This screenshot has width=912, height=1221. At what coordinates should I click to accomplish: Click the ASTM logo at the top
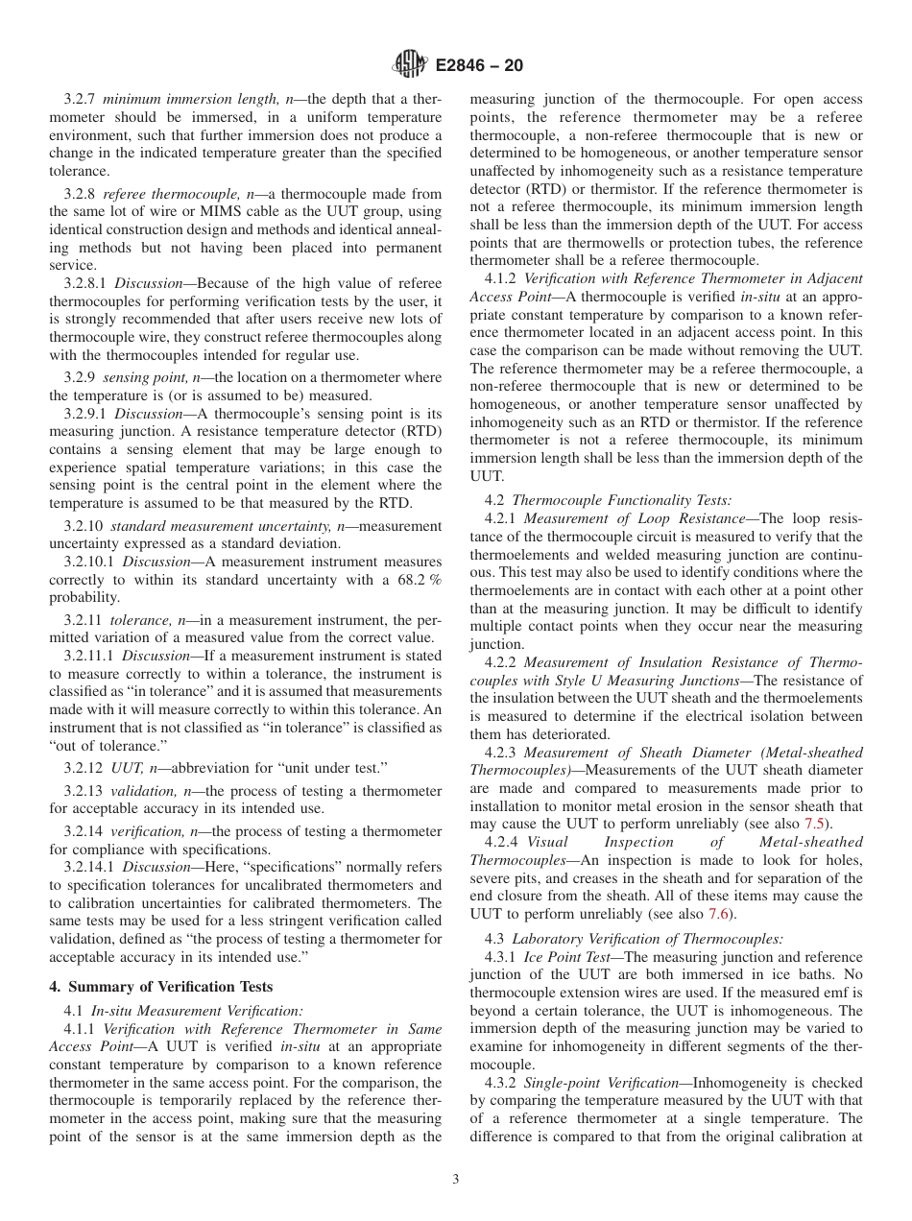pos(410,66)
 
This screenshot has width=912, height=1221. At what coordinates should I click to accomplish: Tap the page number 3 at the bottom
pos(455,1179)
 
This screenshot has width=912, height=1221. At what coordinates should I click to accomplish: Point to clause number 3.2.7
pos(81,99)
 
